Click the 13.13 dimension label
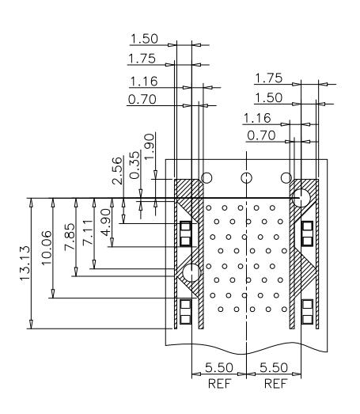(25, 265)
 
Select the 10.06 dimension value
(46, 248)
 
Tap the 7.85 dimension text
(70, 237)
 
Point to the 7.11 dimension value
(88, 233)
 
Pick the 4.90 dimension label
(105, 222)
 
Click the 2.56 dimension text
(117, 170)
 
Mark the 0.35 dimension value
(135, 165)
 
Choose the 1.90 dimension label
(150, 146)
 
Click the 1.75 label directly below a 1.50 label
(142, 59)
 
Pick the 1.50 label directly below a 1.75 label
(269, 97)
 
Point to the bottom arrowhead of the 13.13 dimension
(31, 325)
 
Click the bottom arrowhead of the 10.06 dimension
(53, 294)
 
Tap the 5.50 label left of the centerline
(219, 367)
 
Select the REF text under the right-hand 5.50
(275, 384)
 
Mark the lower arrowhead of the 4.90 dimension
(112, 242)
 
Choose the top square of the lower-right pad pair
(307, 305)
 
